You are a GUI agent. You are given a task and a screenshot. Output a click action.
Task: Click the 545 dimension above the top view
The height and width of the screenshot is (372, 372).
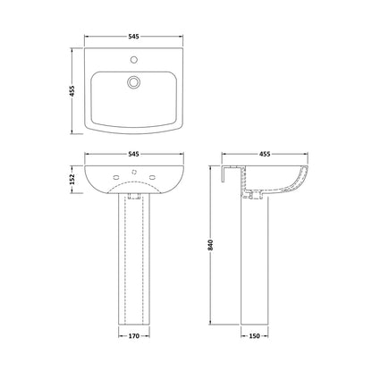(x=134, y=37)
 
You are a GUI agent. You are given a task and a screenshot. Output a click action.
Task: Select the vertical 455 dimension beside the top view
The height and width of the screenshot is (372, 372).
(x=72, y=90)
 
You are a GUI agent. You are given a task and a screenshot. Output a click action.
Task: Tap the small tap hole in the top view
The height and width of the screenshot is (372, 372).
(x=134, y=60)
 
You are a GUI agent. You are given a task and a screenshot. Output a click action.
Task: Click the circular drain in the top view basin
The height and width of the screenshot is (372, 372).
(x=133, y=82)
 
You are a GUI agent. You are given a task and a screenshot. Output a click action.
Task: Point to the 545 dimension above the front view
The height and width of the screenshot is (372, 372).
(x=134, y=154)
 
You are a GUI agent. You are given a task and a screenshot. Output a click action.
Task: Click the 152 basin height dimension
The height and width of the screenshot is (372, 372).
(x=72, y=179)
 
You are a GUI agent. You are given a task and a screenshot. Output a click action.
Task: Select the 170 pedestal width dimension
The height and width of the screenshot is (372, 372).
(x=134, y=336)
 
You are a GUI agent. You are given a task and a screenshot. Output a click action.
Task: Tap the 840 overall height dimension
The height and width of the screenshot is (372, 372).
(x=211, y=244)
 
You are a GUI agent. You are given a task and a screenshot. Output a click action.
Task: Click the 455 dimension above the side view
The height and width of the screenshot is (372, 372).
(x=265, y=154)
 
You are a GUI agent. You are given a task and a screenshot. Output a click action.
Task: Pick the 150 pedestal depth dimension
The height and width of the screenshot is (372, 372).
(x=254, y=336)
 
